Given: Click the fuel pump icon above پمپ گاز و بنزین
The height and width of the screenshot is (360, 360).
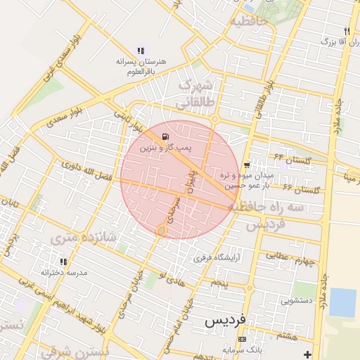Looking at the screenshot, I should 165,137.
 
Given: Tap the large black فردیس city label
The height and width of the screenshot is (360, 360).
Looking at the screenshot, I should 225,320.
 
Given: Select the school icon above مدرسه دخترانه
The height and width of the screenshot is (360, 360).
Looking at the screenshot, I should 64,262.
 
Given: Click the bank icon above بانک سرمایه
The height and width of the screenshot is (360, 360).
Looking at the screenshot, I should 243,339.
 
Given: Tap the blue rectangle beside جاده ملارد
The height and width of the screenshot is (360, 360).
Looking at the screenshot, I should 343,302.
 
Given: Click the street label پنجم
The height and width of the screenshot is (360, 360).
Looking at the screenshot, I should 221,283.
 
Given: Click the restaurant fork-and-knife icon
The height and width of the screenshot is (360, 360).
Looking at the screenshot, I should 347,31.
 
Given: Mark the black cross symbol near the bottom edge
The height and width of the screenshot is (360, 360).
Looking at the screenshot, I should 307,354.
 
